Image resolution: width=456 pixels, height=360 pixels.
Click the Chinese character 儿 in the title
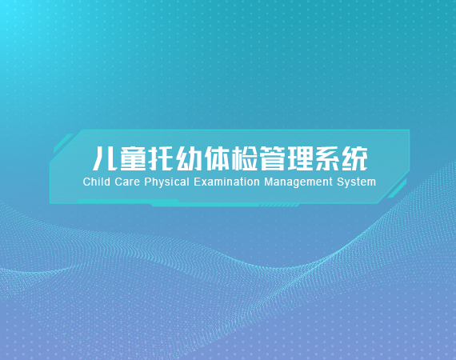tap(105, 158)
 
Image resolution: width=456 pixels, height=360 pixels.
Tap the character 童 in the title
tap(133, 158)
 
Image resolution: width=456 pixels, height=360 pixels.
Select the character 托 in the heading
tap(161, 158)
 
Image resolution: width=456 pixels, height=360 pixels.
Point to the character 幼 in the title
tap(189, 158)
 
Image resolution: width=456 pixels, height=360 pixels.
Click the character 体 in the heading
tap(216, 158)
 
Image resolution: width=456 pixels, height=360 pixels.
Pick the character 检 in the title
tap(244, 158)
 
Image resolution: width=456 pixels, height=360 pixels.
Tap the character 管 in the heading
tap(272, 158)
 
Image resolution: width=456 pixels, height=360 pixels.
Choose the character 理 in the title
tap(300, 158)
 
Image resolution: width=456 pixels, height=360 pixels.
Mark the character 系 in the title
tap(328, 158)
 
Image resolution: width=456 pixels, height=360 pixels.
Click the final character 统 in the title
tap(355, 158)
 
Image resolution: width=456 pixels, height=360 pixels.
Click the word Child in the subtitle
tap(97, 182)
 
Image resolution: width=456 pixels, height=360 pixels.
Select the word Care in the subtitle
tap(127, 182)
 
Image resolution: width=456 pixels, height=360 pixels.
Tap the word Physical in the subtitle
tap(167, 182)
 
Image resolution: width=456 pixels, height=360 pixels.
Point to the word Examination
tap(226, 182)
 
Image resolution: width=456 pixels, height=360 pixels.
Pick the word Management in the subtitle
tap(298, 182)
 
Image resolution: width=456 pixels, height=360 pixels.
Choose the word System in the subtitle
tap(357, 182)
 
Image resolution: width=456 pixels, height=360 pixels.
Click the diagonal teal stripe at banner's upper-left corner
tap(63, 142)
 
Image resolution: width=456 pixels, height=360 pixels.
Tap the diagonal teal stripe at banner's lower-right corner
tap(397, 189)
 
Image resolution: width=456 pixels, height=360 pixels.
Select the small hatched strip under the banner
tap(279, 206)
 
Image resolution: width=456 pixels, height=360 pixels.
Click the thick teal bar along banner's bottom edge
tap(205, 204)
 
